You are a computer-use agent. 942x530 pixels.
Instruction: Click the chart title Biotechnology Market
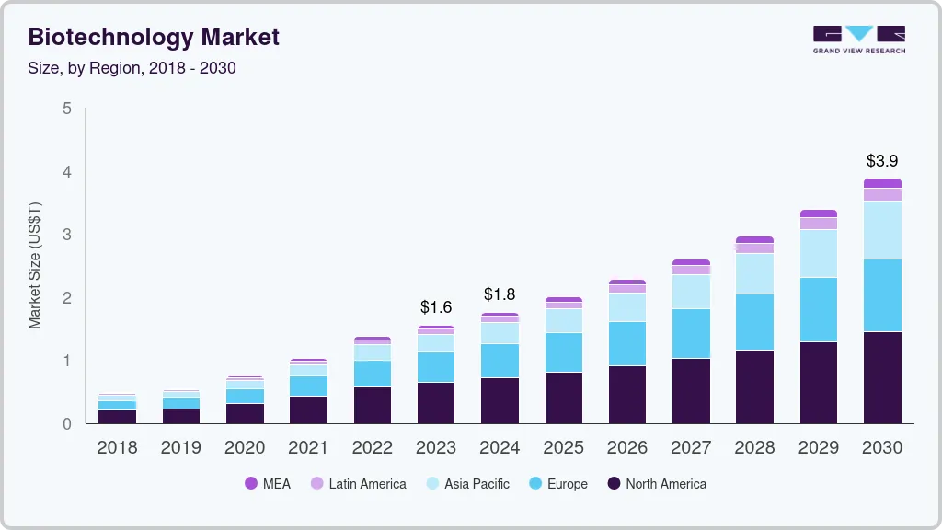click(154, 37)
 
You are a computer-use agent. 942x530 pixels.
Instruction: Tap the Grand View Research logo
click(858, 39)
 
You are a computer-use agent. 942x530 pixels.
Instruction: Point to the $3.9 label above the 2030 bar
click(881, 160)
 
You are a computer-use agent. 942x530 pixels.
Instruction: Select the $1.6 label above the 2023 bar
click(436, 307)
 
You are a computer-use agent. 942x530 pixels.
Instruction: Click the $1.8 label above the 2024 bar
click(500, 294)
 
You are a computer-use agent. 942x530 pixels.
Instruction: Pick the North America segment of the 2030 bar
click(881, 377)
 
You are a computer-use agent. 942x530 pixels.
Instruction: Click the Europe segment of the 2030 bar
click(881, 295)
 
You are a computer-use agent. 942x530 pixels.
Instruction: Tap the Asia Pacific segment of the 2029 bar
click(818, 253)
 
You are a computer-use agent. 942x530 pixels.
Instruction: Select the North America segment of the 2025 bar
click(563, 397)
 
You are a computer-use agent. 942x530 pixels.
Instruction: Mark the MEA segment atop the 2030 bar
click(881, 183)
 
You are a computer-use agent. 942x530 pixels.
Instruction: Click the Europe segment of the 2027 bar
click(691, 333)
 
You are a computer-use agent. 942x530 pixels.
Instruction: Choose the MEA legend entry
click(268, 483)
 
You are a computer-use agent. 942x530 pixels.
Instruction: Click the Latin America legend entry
click(358, 483)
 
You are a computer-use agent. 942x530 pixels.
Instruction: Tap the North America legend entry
click(656, 483)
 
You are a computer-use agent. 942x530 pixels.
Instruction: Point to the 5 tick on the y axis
click(66, 109)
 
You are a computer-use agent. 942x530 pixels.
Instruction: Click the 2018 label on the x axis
click(117, 447)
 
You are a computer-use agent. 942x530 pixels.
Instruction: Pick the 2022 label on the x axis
click(373, 447)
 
